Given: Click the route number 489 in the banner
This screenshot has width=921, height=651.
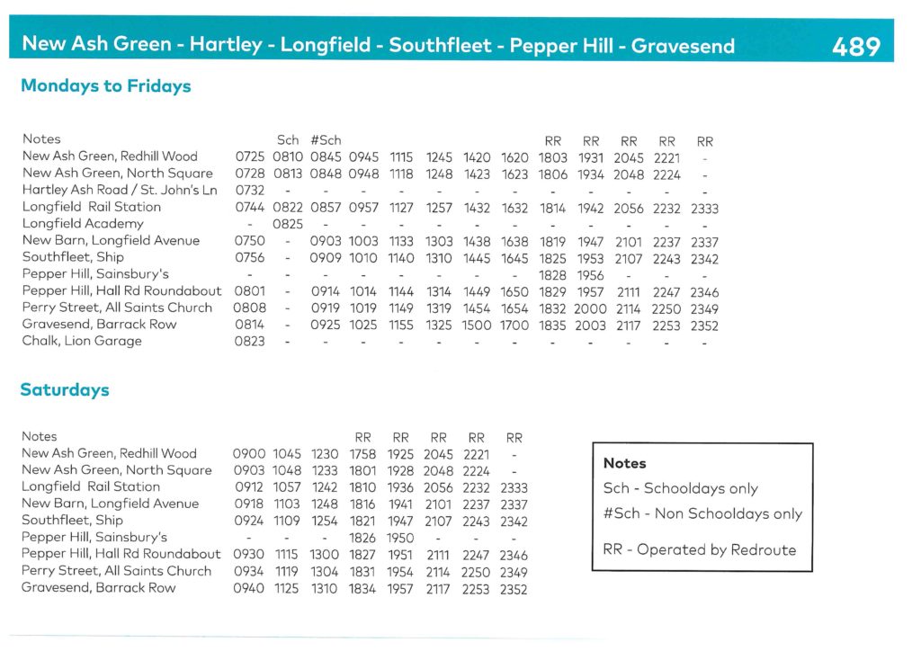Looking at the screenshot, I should (855, 45).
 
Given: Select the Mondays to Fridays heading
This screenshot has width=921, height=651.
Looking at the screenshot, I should (105, 86).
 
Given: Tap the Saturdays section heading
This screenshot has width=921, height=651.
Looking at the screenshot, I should (65, 390).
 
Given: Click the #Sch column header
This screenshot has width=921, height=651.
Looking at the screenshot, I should (326, 140).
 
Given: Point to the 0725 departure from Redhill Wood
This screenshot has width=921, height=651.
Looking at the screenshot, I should (250, 157).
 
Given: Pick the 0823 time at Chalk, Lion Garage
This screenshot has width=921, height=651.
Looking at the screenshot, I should (250, 342).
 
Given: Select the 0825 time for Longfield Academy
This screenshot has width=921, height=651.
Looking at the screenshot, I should (288, 224).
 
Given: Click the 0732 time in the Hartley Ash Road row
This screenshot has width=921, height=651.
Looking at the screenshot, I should (250, 191).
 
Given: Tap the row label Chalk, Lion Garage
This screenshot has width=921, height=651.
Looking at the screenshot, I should (82, 342).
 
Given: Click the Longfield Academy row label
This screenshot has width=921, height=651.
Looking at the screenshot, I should (83, 224).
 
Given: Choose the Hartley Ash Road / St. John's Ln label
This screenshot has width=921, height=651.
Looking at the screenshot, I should (120, 191).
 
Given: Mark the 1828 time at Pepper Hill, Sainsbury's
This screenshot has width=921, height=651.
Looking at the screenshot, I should (553, 275).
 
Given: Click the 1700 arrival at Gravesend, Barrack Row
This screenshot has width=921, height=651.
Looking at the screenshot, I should (514, 325).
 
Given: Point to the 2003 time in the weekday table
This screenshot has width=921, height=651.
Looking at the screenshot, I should (591, 325).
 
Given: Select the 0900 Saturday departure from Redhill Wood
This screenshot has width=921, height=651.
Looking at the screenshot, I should (248, 454).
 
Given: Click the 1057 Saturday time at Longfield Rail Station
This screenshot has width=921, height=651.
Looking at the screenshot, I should (287, 487).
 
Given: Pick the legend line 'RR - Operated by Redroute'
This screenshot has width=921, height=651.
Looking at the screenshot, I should (699, 548).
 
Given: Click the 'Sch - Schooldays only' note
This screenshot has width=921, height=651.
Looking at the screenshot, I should (680, 489).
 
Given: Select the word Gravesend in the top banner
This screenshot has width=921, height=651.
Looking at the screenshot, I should (683, 45).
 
